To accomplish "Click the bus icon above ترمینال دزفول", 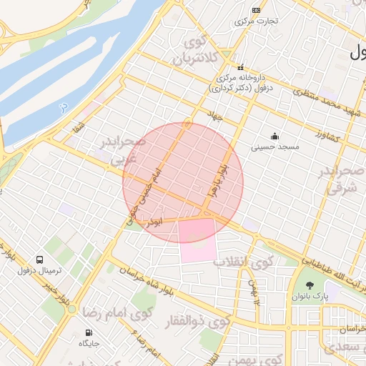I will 39,259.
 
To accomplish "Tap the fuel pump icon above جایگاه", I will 89,332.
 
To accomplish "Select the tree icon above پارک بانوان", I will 309,285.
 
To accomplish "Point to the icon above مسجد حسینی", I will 274,136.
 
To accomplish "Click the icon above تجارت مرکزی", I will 257,11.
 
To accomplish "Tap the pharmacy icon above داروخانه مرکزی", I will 241,66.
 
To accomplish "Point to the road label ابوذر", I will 154,222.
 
